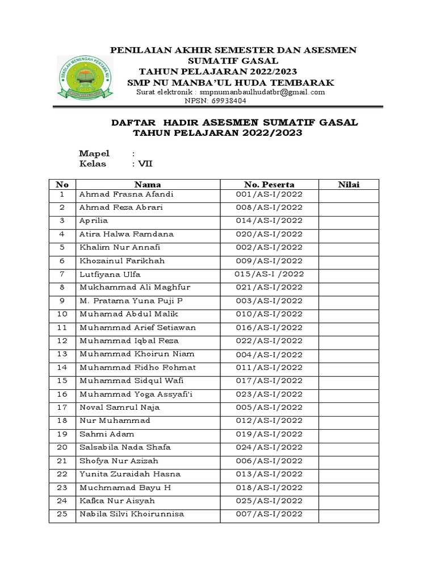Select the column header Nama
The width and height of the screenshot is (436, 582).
coord(148,184)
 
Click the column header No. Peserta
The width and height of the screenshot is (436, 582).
coord(269,184)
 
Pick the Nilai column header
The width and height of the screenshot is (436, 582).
coord(349,184)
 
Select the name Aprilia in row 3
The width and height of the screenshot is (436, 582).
coord(94,221)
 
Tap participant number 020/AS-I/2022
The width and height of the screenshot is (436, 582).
coord(269,234)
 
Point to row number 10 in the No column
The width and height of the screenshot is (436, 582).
coord(62,314)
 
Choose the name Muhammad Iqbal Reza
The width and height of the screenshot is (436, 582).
coord(129,340)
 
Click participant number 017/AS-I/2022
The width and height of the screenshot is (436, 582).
coord(269,380)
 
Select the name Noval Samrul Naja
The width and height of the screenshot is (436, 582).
coord(120,407)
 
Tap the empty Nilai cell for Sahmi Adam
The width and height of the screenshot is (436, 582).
coord(349,434)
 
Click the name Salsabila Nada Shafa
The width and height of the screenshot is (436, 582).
coord(125,447)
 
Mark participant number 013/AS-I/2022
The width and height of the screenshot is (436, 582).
coord(269,474)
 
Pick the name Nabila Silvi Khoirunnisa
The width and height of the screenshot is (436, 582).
coord(132,514)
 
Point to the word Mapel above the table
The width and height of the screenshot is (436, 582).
coord(94,153)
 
